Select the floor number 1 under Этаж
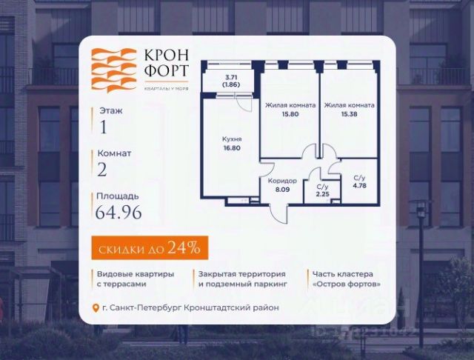point(102,128)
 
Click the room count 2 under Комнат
point(102,171)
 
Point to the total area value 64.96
point(120,214)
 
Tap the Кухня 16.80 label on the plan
point(232,142)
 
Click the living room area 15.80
point(290,110)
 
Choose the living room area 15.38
point(349,110)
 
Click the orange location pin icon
point(95,308)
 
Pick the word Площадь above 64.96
point(117,196)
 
